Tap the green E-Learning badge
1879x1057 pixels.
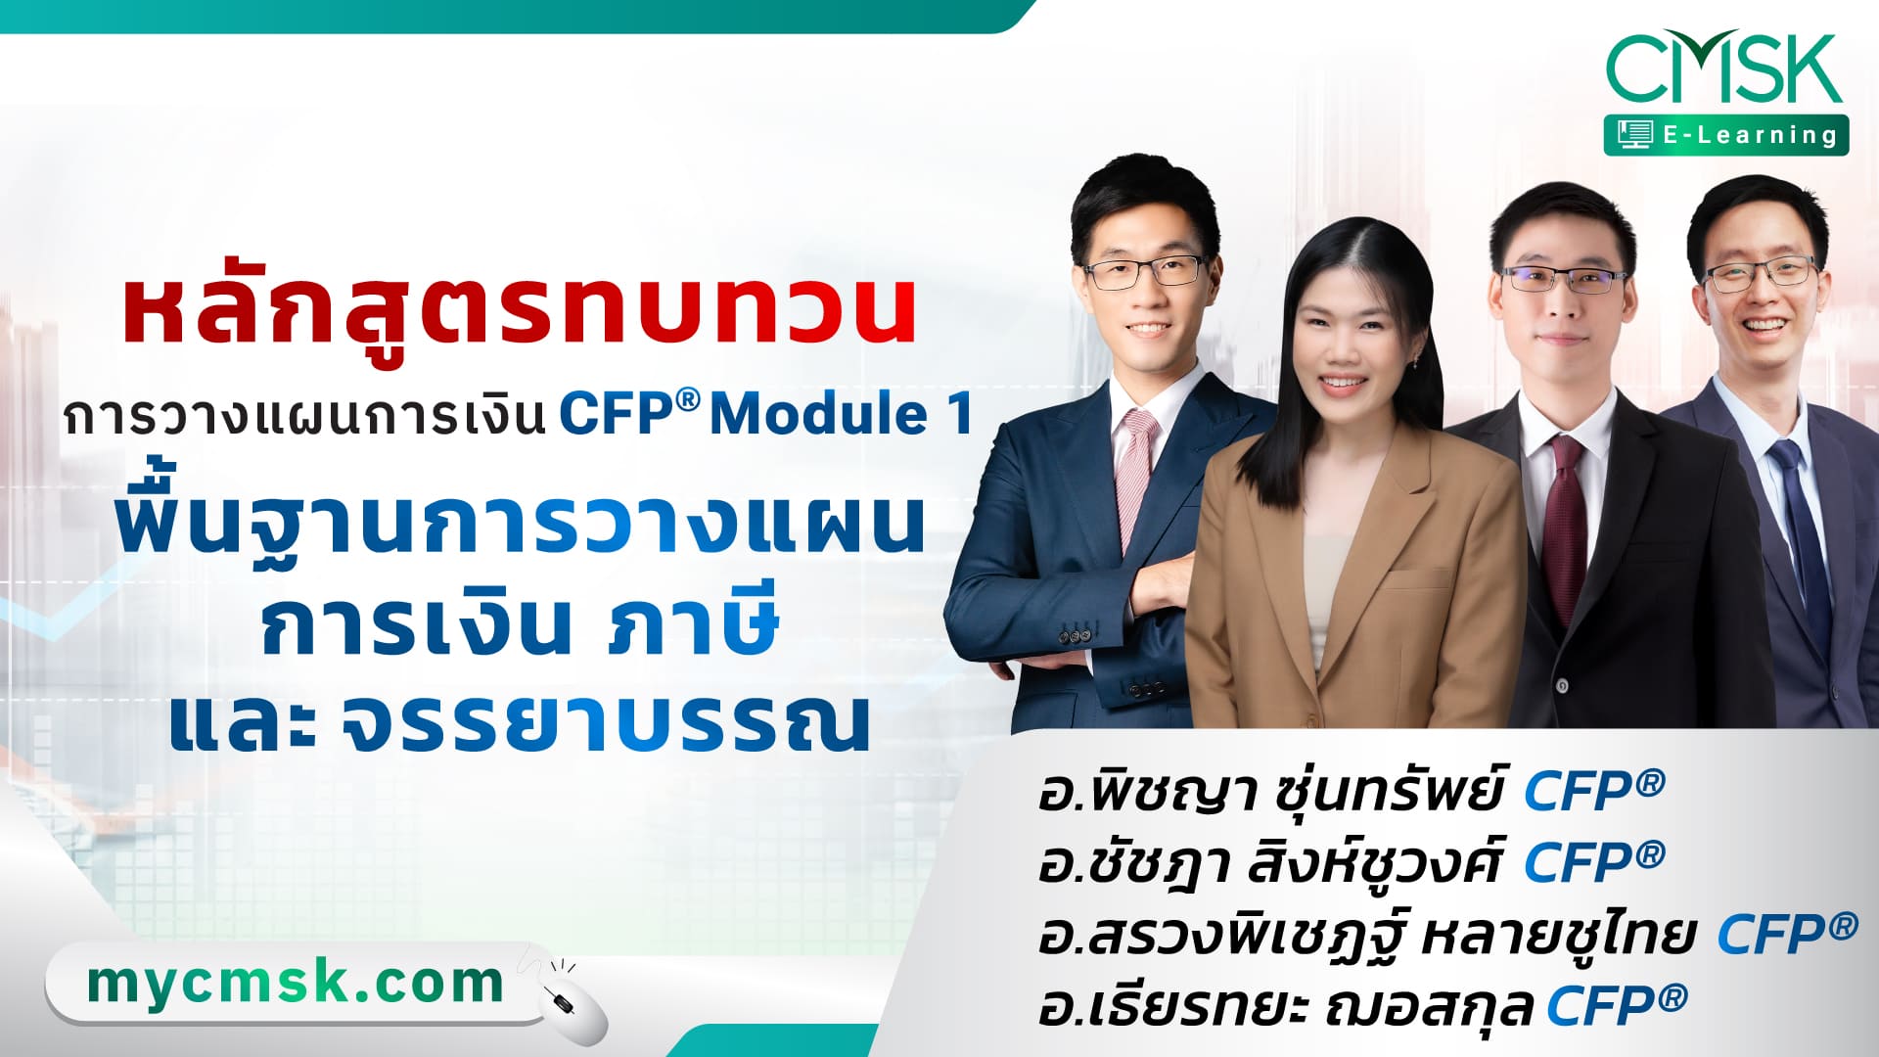coord(1726,135)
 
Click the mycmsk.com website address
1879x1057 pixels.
coord(295,984)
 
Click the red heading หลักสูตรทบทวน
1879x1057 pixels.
coord(520,311)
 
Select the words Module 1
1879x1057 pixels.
coord(842,414)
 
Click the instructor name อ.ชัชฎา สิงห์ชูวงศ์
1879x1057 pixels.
coord(1269,862)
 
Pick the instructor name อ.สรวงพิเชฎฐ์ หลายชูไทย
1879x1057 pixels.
coord(1366,934)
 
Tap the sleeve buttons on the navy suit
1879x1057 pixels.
coord(1077,636)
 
